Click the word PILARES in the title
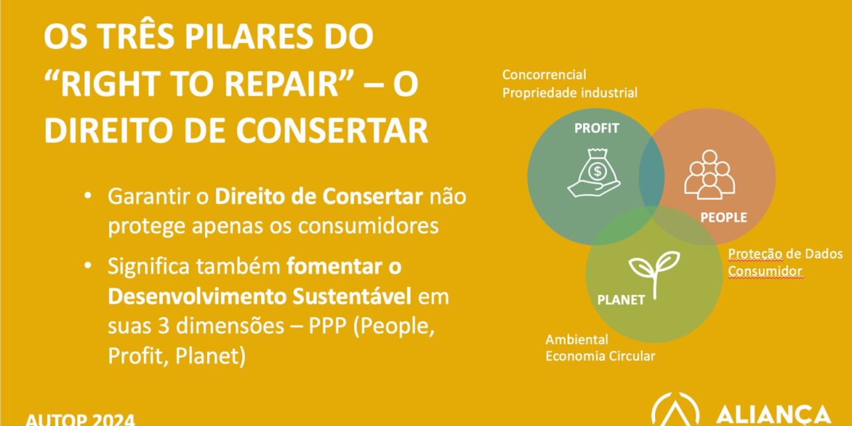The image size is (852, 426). (x=260, y=38)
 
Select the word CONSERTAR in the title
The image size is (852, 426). (x=332, y=131)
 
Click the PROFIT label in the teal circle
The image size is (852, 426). (x=596, y=128)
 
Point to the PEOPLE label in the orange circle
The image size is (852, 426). (x=724, y=218)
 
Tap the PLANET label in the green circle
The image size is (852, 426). (x=621, y=300)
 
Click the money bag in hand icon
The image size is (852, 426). (x=594, y=172)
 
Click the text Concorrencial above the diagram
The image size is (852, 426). (x=544, y=75)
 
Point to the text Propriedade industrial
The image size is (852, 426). (x=569, y=93)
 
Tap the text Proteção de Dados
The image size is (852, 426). (x=785, y=254)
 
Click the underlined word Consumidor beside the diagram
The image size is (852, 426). (x=765, y=271)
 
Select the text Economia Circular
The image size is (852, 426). (x=600, y=356)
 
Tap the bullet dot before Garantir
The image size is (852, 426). (x=88, y=197)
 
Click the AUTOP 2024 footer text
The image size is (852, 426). (x=80, y=419)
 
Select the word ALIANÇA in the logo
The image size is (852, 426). (x=773, y=414)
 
